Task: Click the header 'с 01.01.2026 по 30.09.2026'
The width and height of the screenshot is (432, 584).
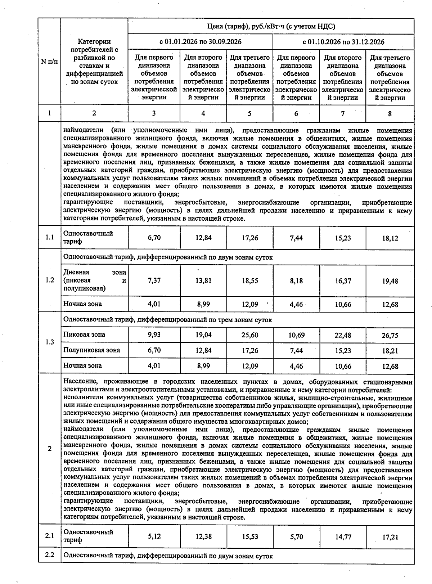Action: (201, 42)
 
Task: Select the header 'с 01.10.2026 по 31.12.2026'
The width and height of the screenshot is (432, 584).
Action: (343, 42)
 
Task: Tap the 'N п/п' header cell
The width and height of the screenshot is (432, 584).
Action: (49, 62)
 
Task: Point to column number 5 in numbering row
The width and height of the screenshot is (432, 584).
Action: (249, 114)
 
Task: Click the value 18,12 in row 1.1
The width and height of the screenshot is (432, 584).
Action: (390, 238)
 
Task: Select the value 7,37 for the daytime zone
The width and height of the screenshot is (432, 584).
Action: (154, 280)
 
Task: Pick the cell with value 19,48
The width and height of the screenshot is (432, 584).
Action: (390, 281)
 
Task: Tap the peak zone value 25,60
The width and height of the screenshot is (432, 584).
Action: (250, 335)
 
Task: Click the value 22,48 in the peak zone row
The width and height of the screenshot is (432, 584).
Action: (343, 335)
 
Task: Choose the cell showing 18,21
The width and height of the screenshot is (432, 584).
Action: (390, 351)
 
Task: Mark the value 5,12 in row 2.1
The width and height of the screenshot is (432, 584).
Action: (154, 536)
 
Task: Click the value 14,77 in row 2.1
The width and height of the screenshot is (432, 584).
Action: (343, 537)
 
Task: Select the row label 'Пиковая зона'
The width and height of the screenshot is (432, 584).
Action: (84, 334)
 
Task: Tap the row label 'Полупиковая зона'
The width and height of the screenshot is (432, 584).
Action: (91, 350)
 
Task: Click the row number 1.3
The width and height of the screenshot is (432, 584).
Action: (50, 342)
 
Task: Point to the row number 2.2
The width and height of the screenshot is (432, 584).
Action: (50, 555)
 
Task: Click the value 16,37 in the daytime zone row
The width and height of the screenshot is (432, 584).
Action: (343, 281)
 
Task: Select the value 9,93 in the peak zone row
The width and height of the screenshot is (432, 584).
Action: (154, 335)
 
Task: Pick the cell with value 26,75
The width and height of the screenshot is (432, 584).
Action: (390, 336)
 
